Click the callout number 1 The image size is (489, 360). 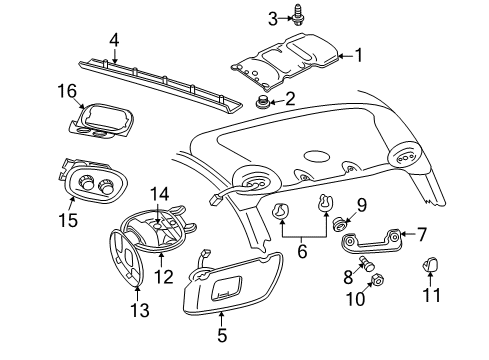pos(358,56)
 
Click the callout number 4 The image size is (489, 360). pos(114,41)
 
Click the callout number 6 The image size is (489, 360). pos(301,252)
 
